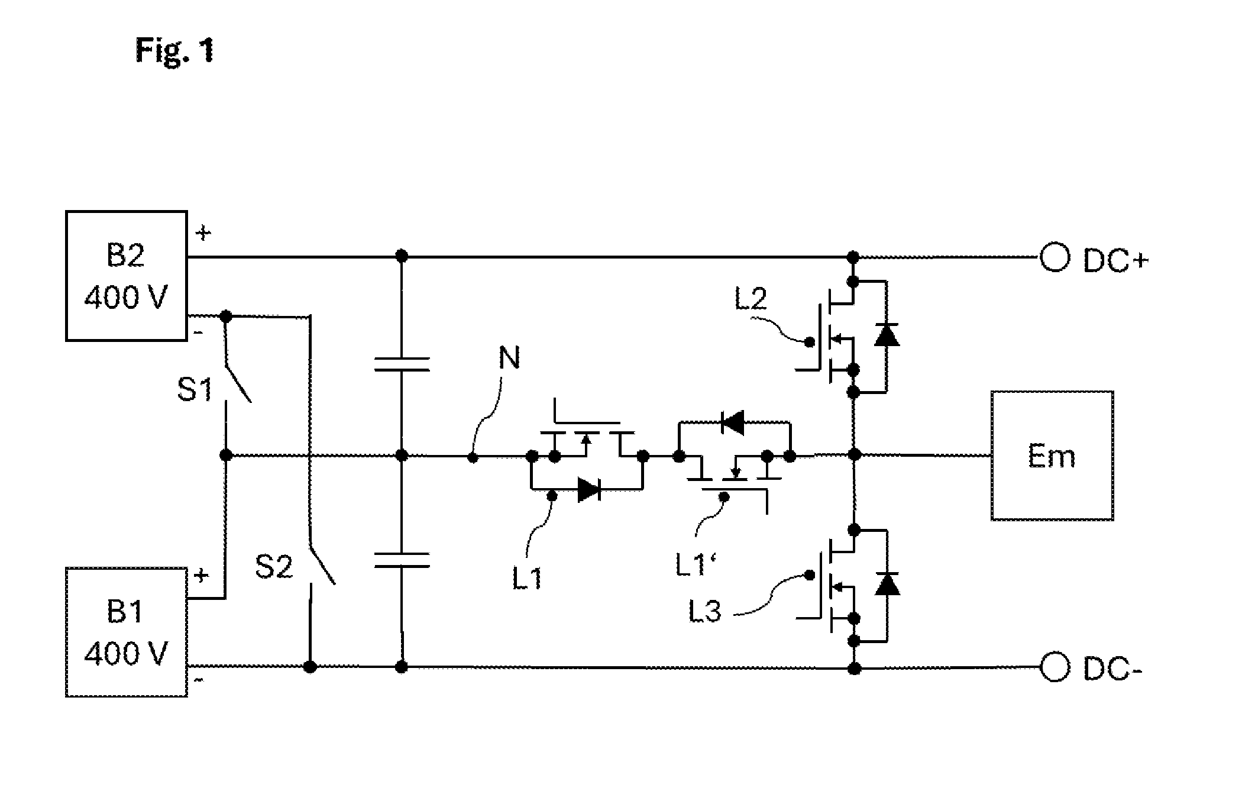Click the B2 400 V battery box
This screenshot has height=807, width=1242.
tap(127, 276)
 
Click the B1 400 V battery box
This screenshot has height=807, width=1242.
tap(127, 632)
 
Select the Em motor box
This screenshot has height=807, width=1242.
tap(1052, 456)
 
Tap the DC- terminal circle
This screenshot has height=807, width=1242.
tap(1055, 668)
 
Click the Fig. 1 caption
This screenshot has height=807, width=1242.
tap(174, 50)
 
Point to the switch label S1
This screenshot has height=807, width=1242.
tap(195, 390)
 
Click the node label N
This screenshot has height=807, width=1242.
tap(509, 358)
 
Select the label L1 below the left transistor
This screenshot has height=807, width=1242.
tap(528, 578)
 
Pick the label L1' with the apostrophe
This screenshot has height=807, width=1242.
tap(696, 565)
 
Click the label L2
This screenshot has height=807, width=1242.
tap(751, 299)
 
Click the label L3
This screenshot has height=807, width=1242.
tap(705, 612)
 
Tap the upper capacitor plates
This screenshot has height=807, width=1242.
tap(402, 363)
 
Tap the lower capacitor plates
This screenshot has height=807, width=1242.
tap(402, 560)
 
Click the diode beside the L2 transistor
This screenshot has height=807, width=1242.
tap(887, 335)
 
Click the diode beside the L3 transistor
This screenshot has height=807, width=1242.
tap(887, 583)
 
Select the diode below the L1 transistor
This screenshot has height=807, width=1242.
tap(589, 490)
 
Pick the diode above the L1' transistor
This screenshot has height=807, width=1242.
tap(733, 423)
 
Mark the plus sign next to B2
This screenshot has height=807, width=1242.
tap(203, 234)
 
